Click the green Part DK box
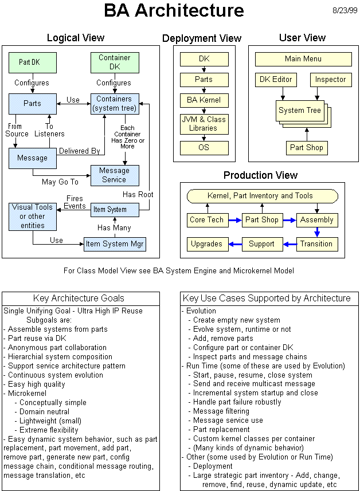click(x=33, y=62)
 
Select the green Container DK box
click(x=114, y=62)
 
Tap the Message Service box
click(x=114, y=175)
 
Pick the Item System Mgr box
click(x=115, y=245)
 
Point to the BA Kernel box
click(x=204, y=100)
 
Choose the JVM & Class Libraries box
click(x=204, y=124)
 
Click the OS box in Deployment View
click(x=204, y=148)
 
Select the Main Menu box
click(x=303, y=59)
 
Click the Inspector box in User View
click(x=331, y=80)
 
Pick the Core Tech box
click(x=206, y=220)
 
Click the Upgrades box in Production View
click(x=206, y=244)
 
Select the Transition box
click(x=316, y=244)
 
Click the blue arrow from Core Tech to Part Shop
click(x=234, y=220)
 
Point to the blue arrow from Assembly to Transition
click(x=316, y=232)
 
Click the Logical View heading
click(x=75, y=38)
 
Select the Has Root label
click(x=138, y=194)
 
